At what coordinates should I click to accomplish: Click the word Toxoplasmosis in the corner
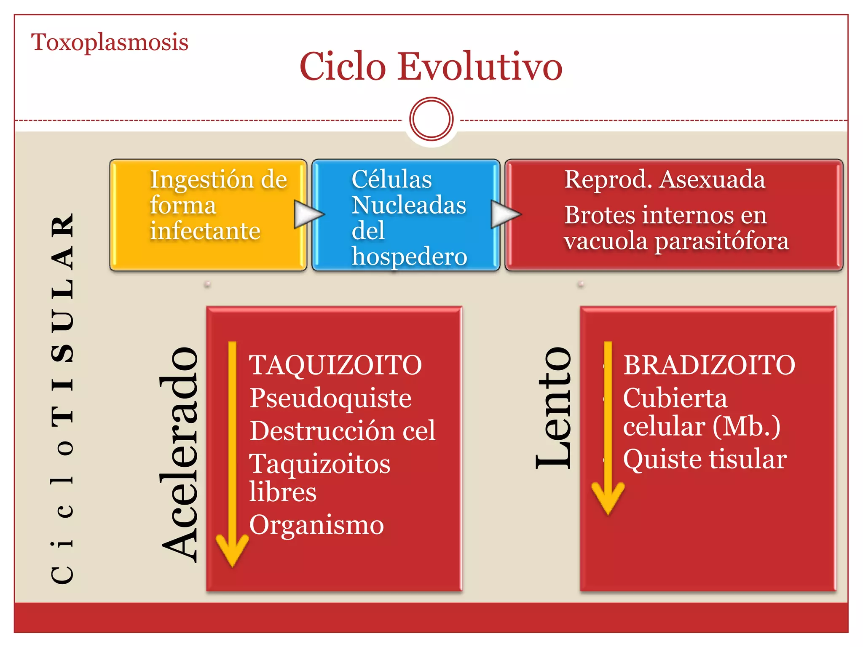tap(110, 43)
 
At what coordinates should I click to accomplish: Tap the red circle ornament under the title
tap(431, 119)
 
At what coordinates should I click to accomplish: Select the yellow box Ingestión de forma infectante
tap(207, 215)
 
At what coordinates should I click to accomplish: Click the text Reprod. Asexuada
tap(665, 179)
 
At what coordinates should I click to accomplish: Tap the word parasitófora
tap(721, 241)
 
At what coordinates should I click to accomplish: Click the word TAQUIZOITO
tap(335, 365)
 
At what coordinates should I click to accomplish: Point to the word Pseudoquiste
tap(330, 398)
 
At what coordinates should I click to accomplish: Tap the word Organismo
tap(316, 525)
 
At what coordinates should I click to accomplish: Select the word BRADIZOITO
tap(709, 365)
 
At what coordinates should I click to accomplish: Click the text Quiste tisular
tap(705, 459)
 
